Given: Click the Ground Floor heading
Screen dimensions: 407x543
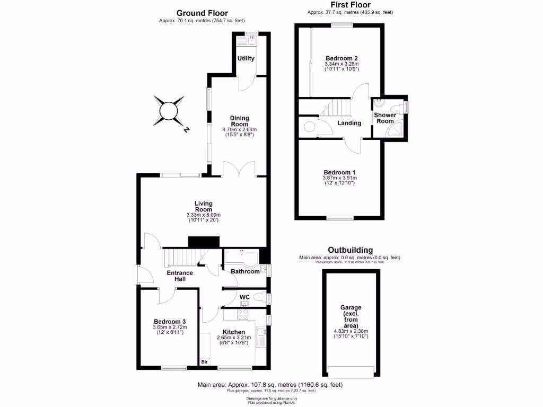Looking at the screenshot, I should [202, 13].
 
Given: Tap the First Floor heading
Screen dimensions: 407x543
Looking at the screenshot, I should [350, 5].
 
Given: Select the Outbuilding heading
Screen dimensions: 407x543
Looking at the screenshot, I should [350, 250].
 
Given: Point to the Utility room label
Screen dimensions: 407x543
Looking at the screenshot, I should [246, 58].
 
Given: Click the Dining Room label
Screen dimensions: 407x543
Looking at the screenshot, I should [239, 121].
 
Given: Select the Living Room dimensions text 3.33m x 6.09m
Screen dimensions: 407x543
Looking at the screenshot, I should [203, 215].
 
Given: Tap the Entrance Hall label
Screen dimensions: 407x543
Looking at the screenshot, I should [180, 276].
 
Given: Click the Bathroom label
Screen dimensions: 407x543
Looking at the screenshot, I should [245, 271].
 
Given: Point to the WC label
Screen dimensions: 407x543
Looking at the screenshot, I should [244, 297].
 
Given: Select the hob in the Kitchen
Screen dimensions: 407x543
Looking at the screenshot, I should [242, 314].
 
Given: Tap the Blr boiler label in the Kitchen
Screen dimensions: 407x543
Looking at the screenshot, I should [204, 362].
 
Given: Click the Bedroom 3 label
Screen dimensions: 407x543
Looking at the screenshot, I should [170, 321].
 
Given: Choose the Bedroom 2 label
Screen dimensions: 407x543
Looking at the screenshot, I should [341, 58].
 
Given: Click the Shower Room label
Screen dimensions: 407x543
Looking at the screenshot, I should [385, 118].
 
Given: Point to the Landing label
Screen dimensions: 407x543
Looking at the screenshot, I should [349, 123].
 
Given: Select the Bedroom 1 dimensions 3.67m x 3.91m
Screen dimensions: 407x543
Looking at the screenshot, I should [339, 178].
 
